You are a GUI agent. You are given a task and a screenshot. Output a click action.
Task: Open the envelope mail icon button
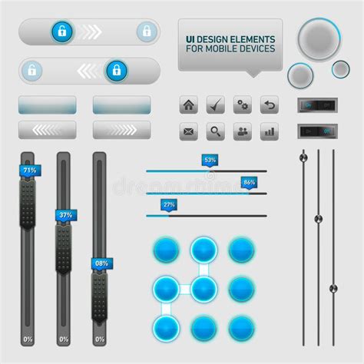[189, 131]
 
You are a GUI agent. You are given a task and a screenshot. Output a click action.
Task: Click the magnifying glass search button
[216, 131]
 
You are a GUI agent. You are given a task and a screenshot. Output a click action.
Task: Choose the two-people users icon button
[243, 131]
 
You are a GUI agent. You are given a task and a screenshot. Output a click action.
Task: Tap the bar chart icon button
[269, 131]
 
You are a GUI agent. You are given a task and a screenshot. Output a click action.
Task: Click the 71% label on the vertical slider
[30, 170]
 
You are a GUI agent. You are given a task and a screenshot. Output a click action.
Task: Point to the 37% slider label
[65, 215]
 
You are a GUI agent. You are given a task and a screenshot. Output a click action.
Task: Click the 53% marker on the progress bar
[210, 160]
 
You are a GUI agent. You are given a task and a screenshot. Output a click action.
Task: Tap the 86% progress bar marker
[248, 183]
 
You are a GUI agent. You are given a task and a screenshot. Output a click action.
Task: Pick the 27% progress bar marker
[169, 204]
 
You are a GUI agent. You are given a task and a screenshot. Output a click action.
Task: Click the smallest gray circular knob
[340, 68]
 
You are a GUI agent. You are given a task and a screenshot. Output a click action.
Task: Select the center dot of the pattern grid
[204, 289]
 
